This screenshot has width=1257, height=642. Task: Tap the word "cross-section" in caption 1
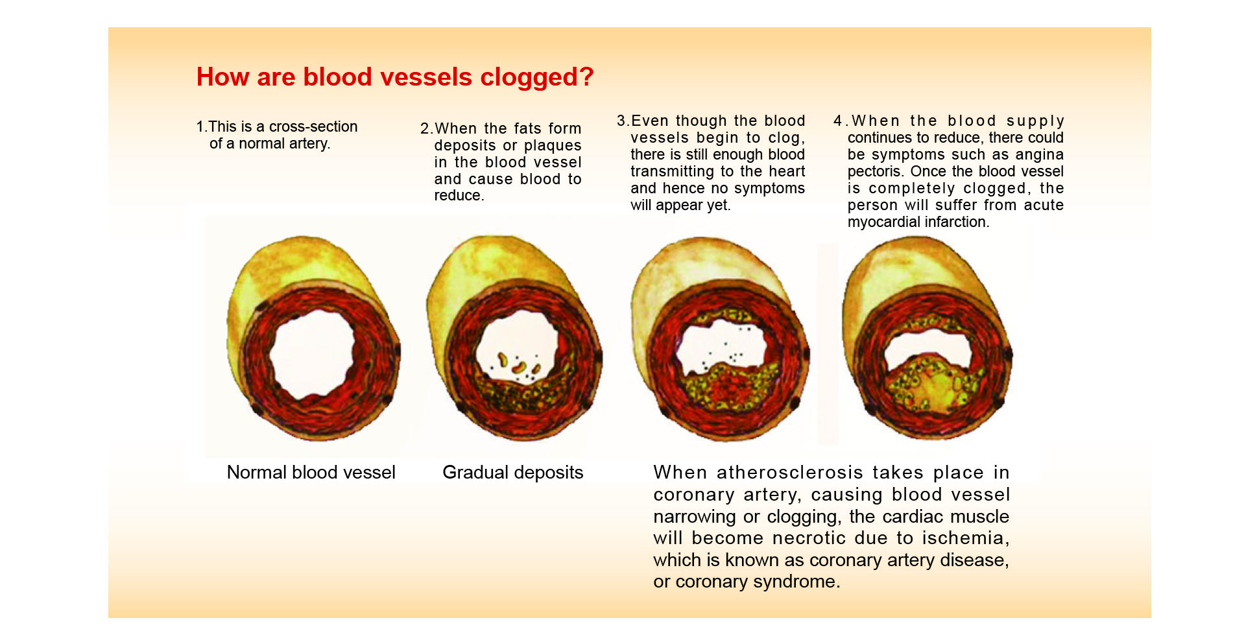313,126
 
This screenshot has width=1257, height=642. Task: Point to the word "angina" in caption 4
1039,155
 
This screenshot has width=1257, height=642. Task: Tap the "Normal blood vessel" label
311,472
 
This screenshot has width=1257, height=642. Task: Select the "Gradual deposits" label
513,472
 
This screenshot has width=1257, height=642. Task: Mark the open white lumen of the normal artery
312,353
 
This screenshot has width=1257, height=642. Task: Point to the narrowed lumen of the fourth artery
928,347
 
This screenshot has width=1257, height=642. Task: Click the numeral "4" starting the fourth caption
838,121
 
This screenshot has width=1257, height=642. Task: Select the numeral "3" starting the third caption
621,121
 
